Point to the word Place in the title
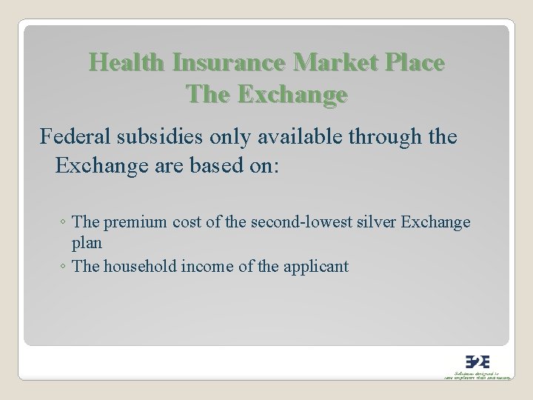coord(414,64)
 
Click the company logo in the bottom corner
coord(472,361)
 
